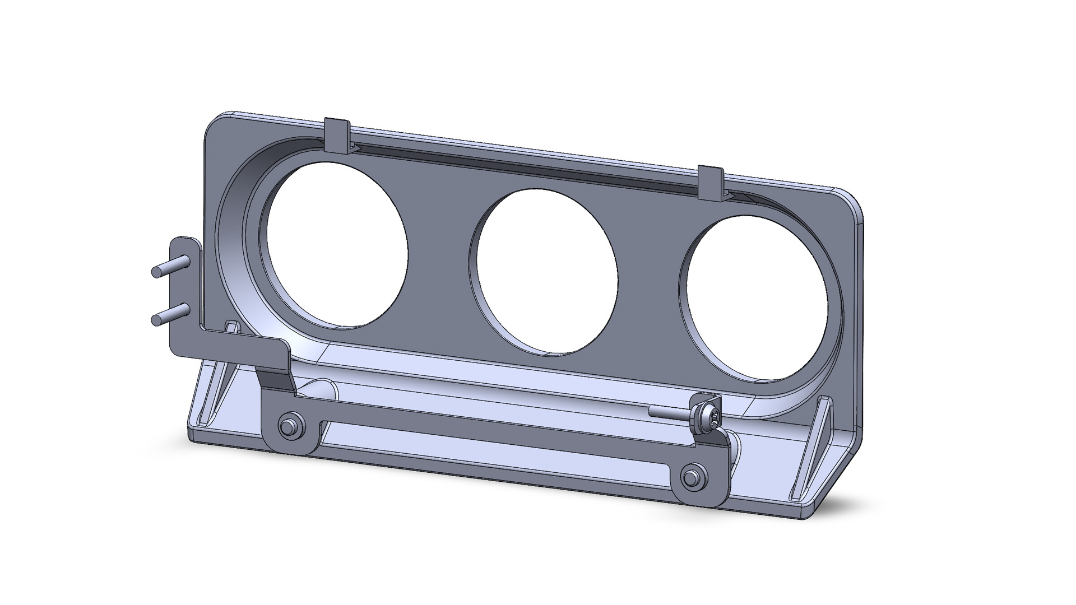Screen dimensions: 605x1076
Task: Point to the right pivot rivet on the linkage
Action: [693, 478]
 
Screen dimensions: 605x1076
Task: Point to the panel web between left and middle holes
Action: [440, 263]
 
